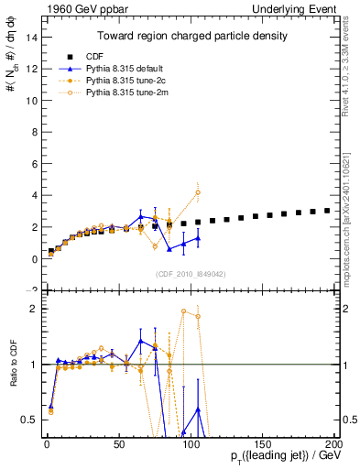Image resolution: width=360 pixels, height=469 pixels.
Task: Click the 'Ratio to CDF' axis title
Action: pos(14,376)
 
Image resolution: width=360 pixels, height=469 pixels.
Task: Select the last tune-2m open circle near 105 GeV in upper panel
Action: pos(198,192)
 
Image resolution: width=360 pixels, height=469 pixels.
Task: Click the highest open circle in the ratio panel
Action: pos(184,311)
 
